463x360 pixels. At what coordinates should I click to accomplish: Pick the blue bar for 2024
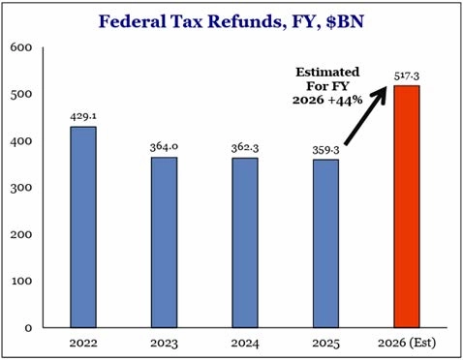pyautogui.click(x=245, y=243)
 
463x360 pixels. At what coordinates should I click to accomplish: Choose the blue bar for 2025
pyautogui.click(x=324, y=244)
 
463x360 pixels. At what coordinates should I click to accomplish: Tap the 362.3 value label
pyautogui.click(x=245, y=149)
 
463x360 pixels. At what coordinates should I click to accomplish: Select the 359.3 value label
pyautogui.click(x=324, y=150)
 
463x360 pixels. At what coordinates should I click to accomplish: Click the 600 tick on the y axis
pyautogui.click(x=21, y=46)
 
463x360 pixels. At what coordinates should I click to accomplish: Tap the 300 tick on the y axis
pyautogui.click(x=21, y=188)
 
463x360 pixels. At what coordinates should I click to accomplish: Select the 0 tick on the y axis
pyautogui.click(x=28, y=328)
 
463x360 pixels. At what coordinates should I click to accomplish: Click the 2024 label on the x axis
pyautogui.click(x=245, y=342)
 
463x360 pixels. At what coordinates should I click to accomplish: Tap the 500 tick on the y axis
pyautogui.click(x=21, y=94)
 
